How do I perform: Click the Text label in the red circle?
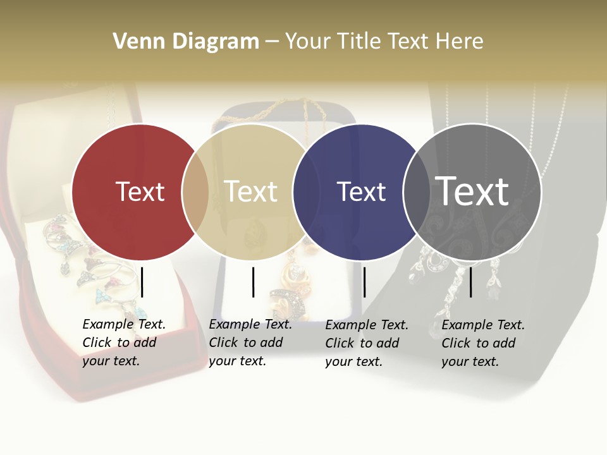tap(140, 191)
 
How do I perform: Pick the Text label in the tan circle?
tap(250, 191)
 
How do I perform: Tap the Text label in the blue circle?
tap(361, 191)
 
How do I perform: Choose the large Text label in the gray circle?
tap(472, 191)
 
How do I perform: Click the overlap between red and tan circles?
tap(195, 192)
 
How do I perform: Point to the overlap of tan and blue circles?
tap(301, 192)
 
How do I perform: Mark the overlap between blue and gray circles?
tap(414, 192)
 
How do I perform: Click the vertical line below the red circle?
tap(142, 282)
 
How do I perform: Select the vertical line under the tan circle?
tap(253, 282)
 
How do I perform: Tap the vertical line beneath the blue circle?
tap(364, 282)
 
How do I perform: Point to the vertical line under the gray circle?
tap(471, 282)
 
